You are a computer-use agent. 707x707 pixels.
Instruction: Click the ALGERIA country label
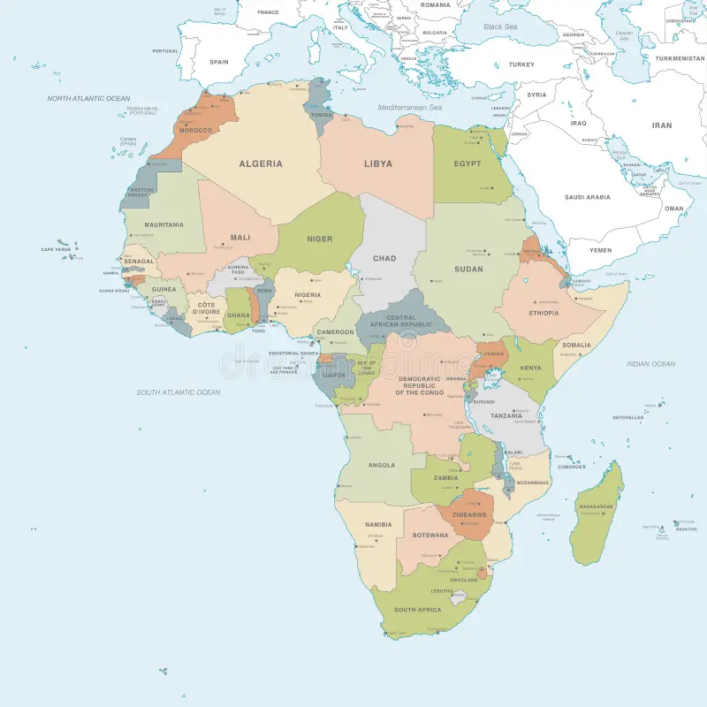click(x=261, y=163)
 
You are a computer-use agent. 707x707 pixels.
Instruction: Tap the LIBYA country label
click(x=378, y=163)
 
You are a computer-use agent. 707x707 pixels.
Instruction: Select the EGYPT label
click(x=468, y=163)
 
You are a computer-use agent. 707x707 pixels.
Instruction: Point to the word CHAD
click(x=384, y=258)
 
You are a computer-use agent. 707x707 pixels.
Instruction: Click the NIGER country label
click(x=319, y=239)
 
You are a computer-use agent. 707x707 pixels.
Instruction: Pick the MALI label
click(x=240, y=237)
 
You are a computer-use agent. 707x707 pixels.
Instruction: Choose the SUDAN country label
click(x=468, y=269)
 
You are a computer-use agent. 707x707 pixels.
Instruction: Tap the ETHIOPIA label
click(x=544, y=313)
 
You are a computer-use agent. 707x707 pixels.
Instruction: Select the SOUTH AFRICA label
click(x=417, y=610)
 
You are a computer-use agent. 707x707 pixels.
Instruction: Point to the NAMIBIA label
click(x=377, y=525)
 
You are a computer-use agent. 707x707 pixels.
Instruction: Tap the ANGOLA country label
click(x=381, y=465)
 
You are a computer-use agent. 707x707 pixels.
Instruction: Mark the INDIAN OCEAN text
click(x=650, y=363)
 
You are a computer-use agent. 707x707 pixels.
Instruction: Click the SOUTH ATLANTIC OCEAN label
click(x=179, y=392)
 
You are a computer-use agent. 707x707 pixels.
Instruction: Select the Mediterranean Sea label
click(x=409, y=107)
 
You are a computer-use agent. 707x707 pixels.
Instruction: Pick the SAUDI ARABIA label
click(x=587, y=197)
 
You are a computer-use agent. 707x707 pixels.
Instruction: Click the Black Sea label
click(x=500, y=27)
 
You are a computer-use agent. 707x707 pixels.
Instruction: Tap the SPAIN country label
click(x=219, y=62)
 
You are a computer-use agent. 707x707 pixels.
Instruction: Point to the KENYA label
click(x=530, y=368)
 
